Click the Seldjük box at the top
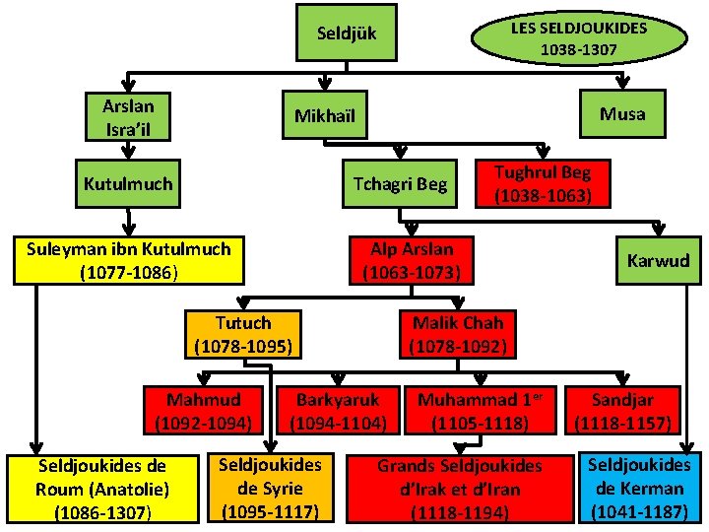pyautogui.click(x=347, y=35)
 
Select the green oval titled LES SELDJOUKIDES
pyautogui.click(x=578, y=37)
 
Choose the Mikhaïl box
pyautogui.click(x=324, y=116)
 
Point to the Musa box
pyautogui.click(x=622, y=113)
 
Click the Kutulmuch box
pyautogui.click(x=128, y=183)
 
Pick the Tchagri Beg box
pyautogui.click(x=400, y=184)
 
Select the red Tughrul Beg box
pyautogui.click(x=543, y=183)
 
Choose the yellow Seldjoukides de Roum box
pyautogui.click(x=101, y=488)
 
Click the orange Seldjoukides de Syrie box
pyautogui.click(x=270, y=487)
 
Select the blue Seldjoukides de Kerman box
pyautogui.click(x=639, y=487)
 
